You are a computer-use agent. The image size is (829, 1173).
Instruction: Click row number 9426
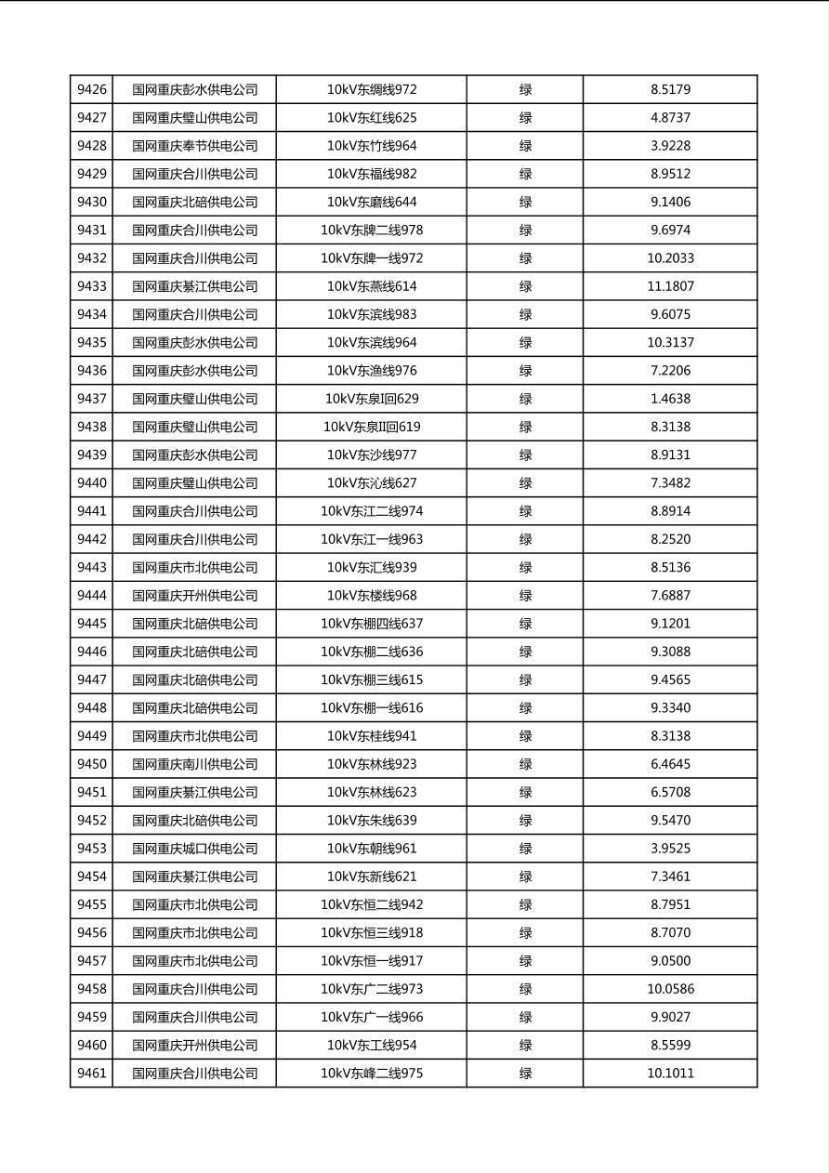tap(92, 90)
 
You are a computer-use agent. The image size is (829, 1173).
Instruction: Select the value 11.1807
tap(670, 286)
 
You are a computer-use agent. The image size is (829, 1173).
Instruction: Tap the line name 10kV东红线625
tap(372, 118)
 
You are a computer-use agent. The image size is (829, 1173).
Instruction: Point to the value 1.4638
tap(670, 399)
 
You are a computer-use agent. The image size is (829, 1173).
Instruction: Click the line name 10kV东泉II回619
tap(372, 427)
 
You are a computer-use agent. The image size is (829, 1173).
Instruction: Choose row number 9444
tap(92, 596)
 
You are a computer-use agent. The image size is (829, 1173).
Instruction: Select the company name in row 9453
tap(194, 849)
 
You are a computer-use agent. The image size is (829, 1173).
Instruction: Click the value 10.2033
tap(670, 258)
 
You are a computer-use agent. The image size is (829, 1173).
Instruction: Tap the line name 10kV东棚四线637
tap(372, 624)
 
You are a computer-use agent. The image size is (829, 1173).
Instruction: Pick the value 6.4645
tap(670, 764)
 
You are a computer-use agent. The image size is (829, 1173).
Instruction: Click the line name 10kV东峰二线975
tap(372, 1074)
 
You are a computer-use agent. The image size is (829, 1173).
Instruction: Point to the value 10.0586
tap(670, 989)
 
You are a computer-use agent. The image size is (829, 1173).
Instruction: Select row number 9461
tap(92, 1074)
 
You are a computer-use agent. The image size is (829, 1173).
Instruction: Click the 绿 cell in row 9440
tap(525, 483)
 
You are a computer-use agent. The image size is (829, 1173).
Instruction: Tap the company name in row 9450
tap(194, 764)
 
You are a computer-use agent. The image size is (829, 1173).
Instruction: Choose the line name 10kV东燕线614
tap(372, 286)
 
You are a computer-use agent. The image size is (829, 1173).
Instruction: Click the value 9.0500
tap(670, 961)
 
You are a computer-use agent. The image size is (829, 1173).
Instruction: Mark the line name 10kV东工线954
tap(372, 1046)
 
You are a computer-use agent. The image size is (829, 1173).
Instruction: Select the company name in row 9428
tap(194, 146)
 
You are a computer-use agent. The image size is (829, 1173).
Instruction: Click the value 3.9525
tap(670, 849)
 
